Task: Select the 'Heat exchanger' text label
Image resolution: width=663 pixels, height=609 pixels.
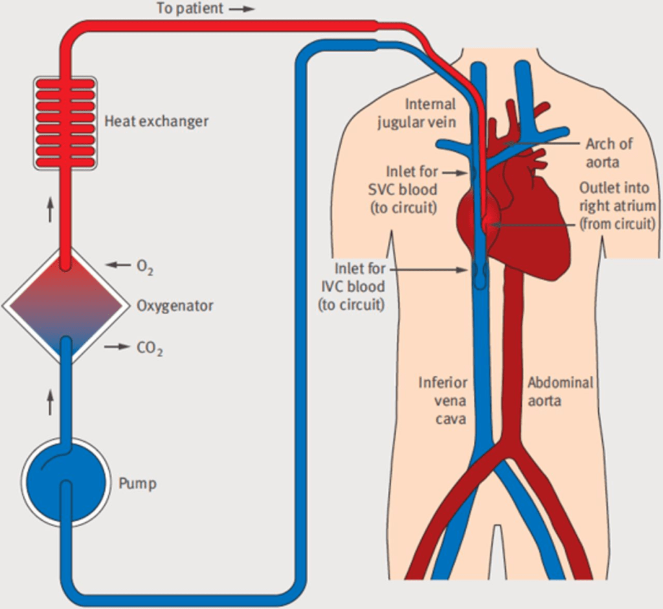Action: pyautogui.click(x=156, y=121)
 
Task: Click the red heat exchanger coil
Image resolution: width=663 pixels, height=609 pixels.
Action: pyautogui.click(x=65, y=122)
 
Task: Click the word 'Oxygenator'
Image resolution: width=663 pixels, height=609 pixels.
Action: pyautogui.click(x=175, y=305)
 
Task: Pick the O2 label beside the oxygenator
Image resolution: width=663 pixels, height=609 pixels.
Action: pyautogui.click(x=145, y=266)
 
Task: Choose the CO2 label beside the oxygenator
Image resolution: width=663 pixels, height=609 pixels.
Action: pyautogui.click(x=150, y=349)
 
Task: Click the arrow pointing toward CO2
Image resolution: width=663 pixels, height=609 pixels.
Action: pyautogui.click(x=117, y=347)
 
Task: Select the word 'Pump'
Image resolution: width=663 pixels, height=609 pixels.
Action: pyautogui.click(x=137, y=484)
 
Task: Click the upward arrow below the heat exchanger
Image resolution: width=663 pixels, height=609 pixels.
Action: pyautogui.click(x=50, y=211)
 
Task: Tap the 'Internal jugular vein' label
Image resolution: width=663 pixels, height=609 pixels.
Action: pyautogui.click(x=417, y=113)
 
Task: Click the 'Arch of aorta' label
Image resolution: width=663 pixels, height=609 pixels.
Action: pyautogui.click(x=609, y=153)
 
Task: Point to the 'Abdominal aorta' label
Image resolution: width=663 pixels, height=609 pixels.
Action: pyautogui.click(x=560, y=391)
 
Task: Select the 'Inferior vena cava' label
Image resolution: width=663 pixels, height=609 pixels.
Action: pyautogui.click(x=442, y=400)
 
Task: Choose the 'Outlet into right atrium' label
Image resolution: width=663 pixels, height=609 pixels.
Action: pyautogui.click(x=616, y=205)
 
